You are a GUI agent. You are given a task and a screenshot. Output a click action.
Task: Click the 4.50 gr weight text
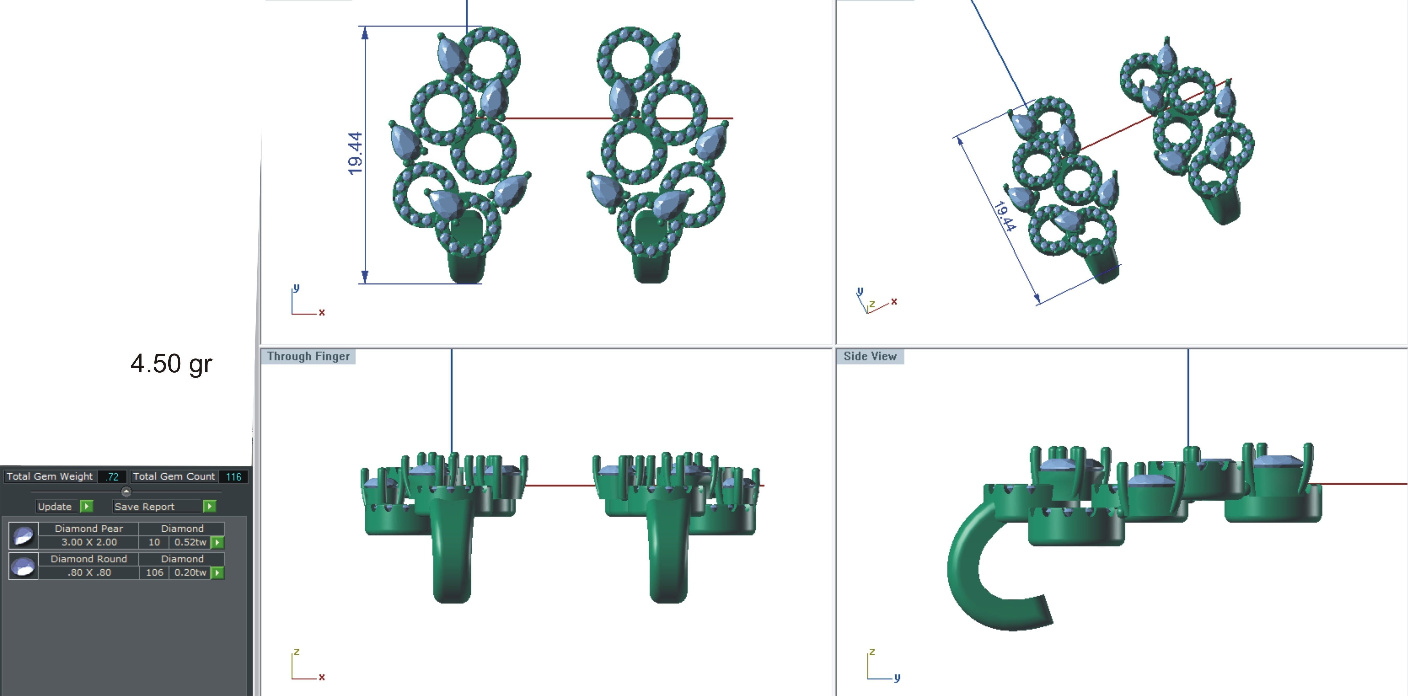click(171, 364)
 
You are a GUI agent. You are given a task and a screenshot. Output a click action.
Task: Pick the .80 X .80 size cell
click(89, 572)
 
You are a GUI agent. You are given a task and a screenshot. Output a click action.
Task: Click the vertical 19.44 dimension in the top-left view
click(355, 154)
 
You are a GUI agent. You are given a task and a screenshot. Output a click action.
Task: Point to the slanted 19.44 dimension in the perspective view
click(1005, 216)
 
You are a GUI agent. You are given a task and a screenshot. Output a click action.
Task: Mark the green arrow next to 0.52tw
click(218, 542)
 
